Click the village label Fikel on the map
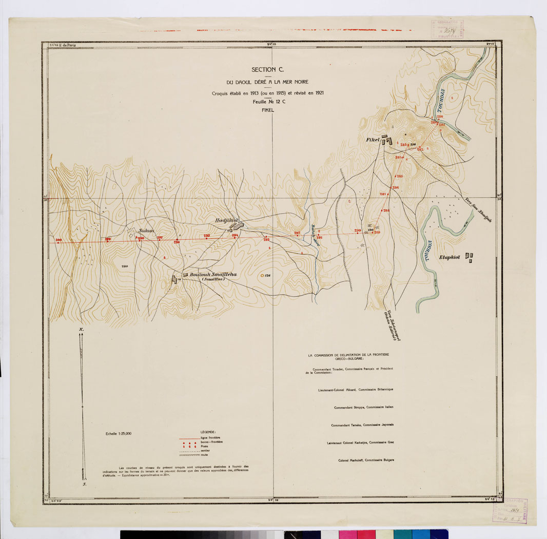(373, 140)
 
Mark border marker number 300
(58, 240)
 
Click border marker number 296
(177, 241)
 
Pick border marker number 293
(266, 239)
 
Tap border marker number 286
(396, 188)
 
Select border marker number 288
(386, 211)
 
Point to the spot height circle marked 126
(263, 276)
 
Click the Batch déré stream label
(315, 236)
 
